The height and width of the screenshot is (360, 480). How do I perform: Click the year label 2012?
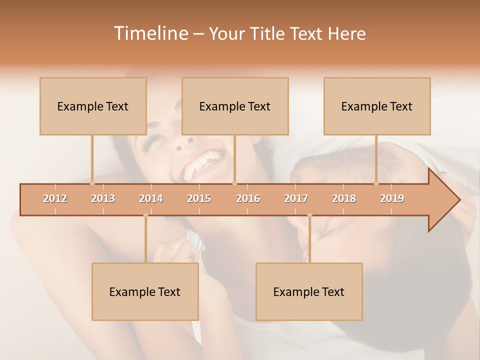click(x=55, y=198)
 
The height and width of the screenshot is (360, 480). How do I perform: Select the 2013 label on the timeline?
click(x=103, y=198)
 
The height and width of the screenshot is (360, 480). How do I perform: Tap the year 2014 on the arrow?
click(x=151, y=198)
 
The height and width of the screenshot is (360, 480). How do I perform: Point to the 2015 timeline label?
click(x=199, y=198)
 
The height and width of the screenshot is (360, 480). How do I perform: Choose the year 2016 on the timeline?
click(x=248, y=198)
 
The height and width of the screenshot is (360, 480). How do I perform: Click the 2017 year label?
click(x=296, y=198)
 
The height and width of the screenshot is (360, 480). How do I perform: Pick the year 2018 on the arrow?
click(x=344, y=198)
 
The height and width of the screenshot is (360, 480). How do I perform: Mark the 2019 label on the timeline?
click(x=392, y=198)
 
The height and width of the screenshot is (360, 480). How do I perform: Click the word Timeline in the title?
click(x=150, y=33)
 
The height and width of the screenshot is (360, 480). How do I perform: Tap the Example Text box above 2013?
click(x=93, y=106)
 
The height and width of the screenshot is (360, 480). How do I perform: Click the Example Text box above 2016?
click(x=235, y=106)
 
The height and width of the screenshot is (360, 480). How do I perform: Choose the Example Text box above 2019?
click(x=377, y=106)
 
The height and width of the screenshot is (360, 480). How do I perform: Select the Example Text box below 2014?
click(x=145, y=291)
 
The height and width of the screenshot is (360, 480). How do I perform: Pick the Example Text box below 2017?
click(x=309, y=291)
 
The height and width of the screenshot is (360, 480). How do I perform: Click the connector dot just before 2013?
click(x=92, y=183)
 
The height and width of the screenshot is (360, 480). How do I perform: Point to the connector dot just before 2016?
click(x=235, y=183)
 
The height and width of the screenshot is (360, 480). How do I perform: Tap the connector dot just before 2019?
click(x=376, y=183)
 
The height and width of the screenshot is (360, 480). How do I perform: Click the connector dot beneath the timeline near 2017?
click(x=309, y=215)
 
